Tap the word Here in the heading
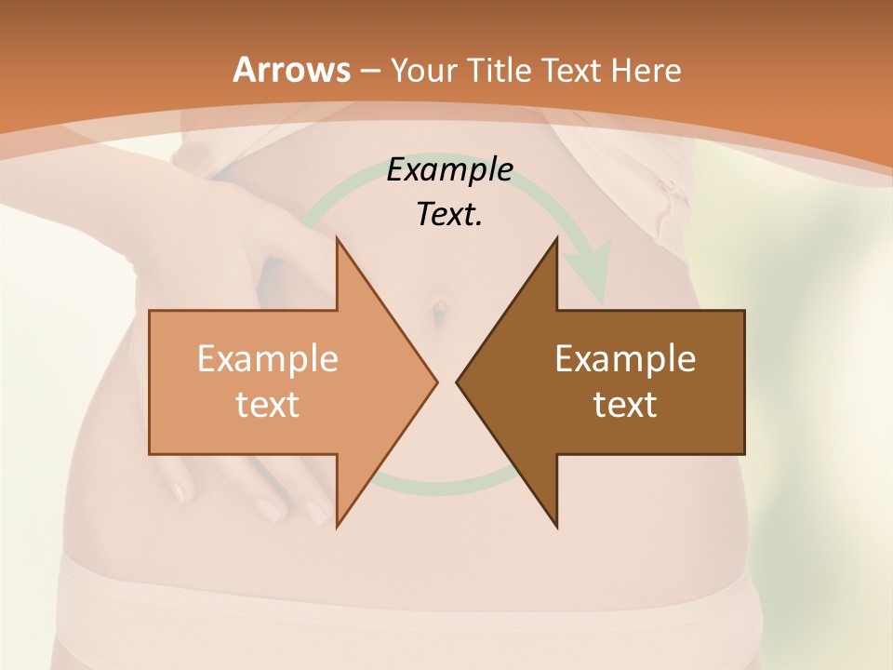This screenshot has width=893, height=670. pos(646,70)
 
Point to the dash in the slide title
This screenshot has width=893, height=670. pos(368,71)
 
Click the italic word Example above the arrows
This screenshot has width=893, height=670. pos(449,169)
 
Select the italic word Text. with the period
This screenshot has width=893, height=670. pos(449,214)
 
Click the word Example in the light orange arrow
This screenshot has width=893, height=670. pos(267,359)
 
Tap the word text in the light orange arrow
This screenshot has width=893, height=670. pos(267,404)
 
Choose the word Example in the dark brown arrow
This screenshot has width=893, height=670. pos(625,359)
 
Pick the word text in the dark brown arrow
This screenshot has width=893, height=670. pos(625,404)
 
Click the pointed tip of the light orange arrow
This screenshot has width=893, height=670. pos(436,382)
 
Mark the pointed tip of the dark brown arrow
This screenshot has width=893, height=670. pos(458,382)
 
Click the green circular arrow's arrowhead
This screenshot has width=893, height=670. pos(592,270)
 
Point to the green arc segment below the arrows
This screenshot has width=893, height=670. pos(437,484)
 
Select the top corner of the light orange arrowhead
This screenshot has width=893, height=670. pos(337,237)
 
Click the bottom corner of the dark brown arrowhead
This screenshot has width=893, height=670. pos(556,527)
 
